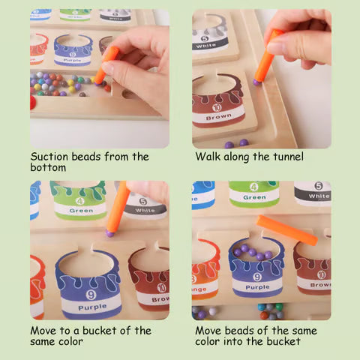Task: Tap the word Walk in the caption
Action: [209, 157]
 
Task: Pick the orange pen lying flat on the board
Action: [286, 229]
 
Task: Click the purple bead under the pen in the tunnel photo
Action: [257, 82]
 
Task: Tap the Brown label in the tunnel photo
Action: [218, 118]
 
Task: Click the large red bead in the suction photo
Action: [32, 101]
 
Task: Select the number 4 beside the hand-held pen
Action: [79, 201]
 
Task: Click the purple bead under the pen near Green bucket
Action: [110, 234]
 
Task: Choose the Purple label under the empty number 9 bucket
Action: [89, 306]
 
